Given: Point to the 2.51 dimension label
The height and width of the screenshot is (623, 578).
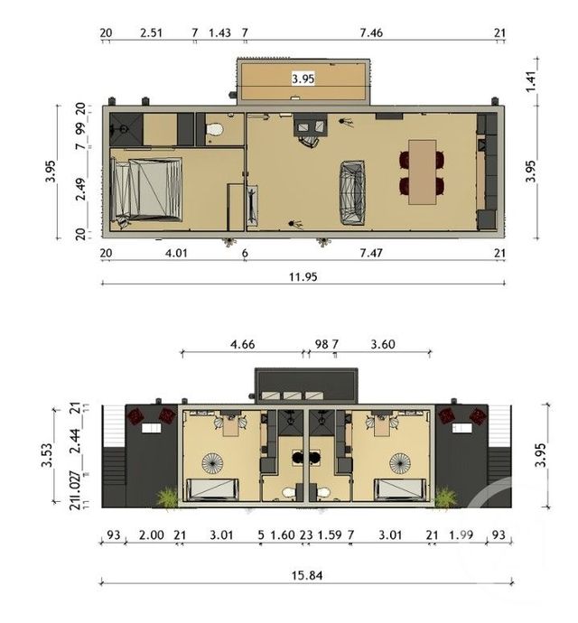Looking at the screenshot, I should coord(152,33).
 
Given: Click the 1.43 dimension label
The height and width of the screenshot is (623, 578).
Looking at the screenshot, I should coord(219,33).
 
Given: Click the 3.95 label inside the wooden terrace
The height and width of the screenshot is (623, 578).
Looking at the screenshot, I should coord(303,79).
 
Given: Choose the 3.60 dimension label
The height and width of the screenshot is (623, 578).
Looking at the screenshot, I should coord(383,344).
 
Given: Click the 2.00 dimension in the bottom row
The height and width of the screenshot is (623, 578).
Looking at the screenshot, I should coord(152,535).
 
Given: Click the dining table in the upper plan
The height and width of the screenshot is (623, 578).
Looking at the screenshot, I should coord(422,172).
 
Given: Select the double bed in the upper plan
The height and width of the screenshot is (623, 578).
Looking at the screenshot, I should coord(146,188).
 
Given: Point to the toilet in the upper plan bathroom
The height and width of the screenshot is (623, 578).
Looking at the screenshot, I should coord(214,133).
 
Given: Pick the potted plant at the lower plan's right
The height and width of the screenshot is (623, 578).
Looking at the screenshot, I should coord(444,497).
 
